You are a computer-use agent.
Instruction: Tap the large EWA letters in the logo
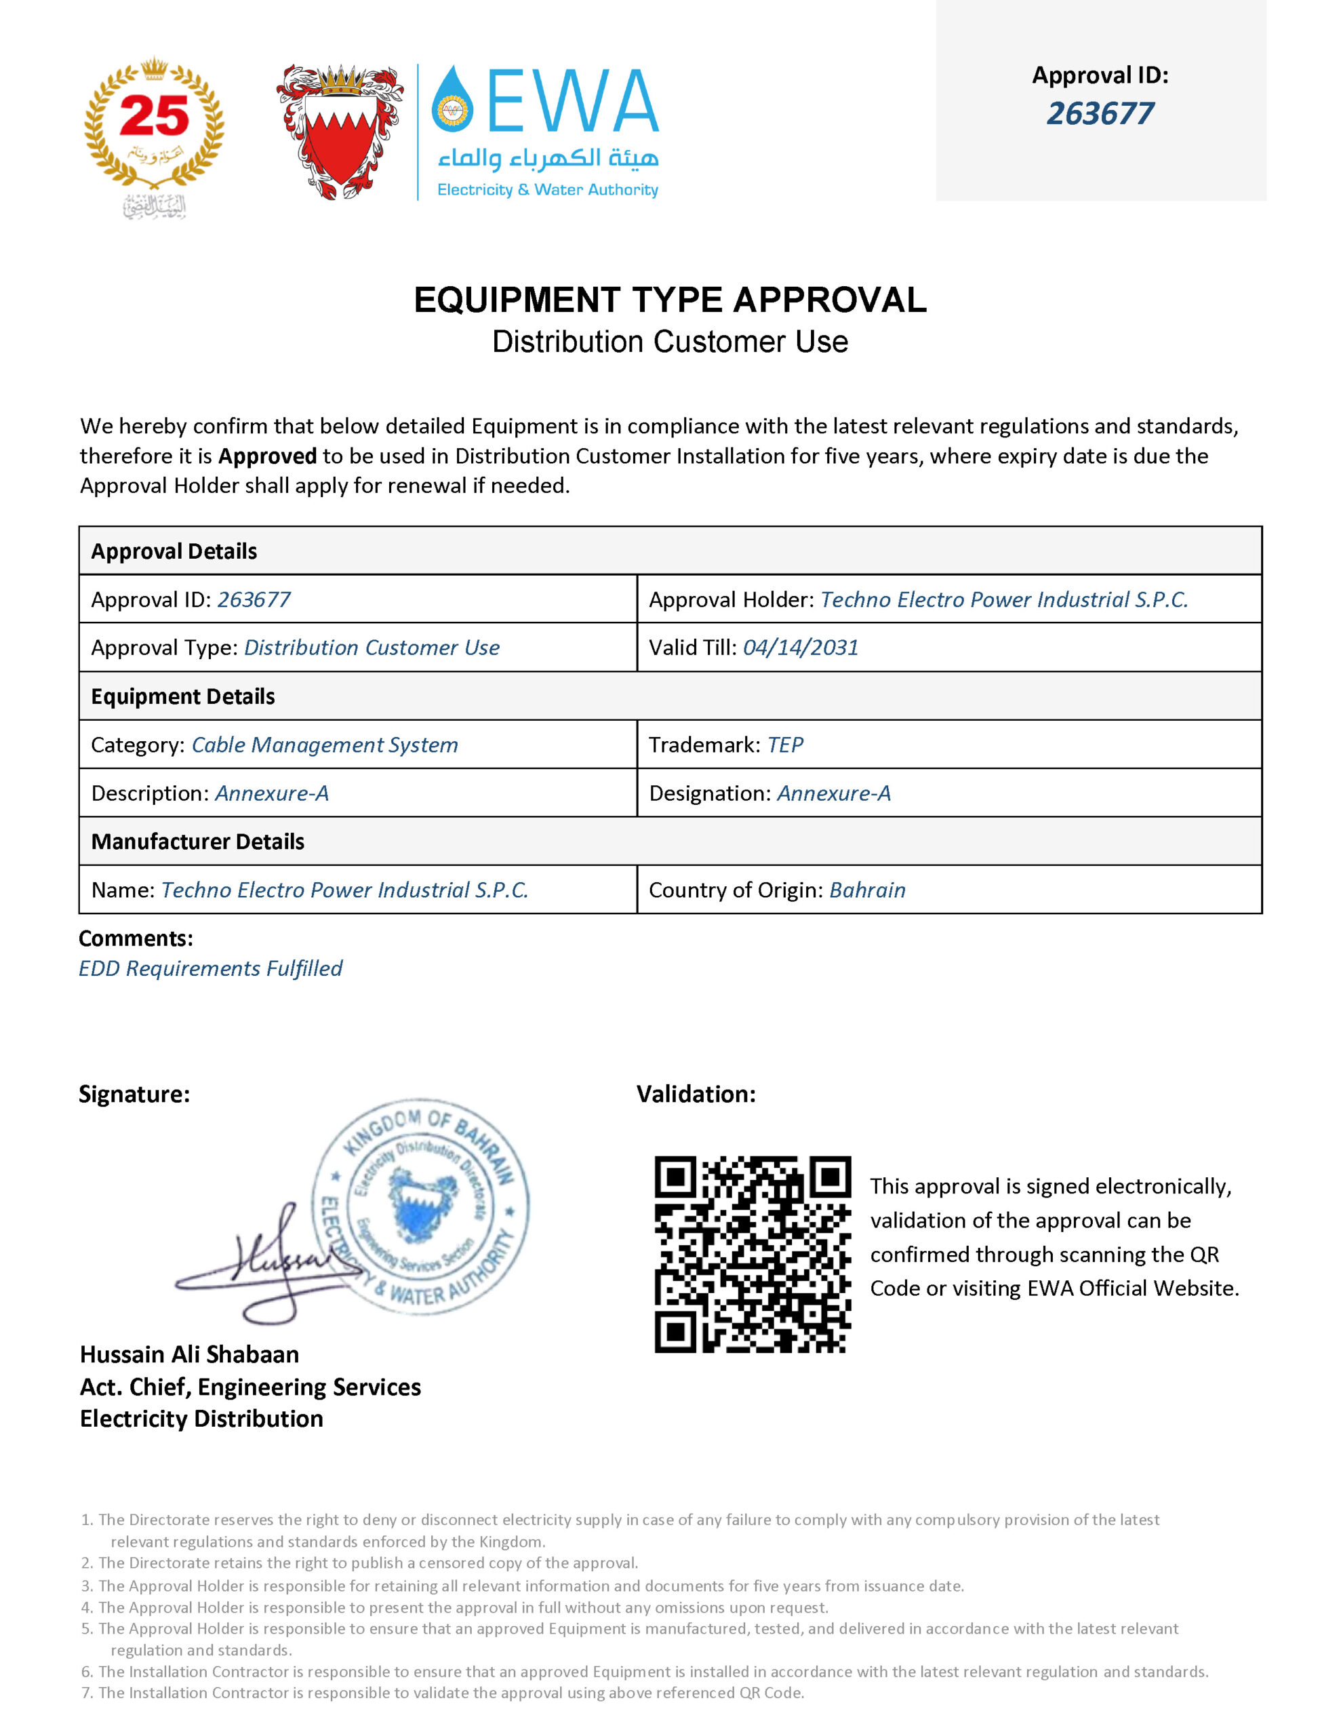pos(572,101)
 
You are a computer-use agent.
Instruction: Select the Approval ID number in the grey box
pos(1100,114)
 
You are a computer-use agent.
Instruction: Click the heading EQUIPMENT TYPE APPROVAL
pos(670,300)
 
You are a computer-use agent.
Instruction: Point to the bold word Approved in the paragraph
pos(267,456)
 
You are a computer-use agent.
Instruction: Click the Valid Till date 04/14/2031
pos(801,648)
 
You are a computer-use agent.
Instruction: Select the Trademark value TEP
pos(784,745)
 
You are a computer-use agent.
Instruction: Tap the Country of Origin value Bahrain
pos(866,890)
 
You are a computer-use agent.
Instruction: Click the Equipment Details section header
pos(183,696)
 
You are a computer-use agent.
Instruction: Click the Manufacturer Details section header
pos(197,842)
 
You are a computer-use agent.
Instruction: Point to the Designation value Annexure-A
pos(833,793)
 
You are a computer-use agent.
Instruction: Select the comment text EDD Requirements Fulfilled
pos(211,968)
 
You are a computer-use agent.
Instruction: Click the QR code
pos(752,1255)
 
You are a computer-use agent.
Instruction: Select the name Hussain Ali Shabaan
pos(189,1354)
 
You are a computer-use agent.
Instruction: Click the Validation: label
pos(696,1094)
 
